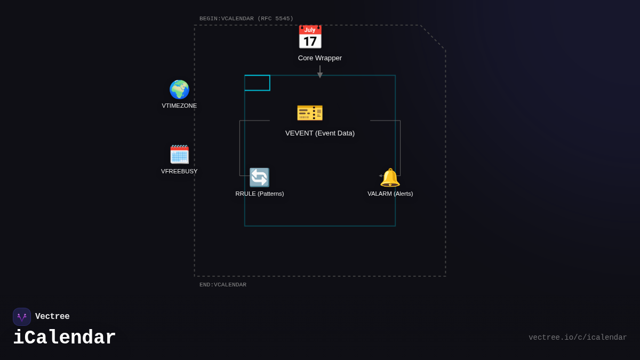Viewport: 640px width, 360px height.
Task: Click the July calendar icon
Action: point(310,37)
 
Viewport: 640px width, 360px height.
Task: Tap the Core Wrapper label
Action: point(320,58)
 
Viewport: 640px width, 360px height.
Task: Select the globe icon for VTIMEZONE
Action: point(179,90)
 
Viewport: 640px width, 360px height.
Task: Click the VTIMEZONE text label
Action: point(179,106)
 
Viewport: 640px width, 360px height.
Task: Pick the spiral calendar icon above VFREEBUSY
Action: point(179,154)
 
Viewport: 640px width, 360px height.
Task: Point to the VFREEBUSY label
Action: point(179,171)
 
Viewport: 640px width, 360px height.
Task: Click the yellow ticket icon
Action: point(310,113)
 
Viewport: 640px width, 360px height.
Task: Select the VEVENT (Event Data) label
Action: point(320,133)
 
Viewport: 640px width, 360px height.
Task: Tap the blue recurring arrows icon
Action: point(259,178)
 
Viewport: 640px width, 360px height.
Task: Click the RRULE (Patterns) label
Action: point(260,194)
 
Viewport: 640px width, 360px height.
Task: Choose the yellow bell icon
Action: point(390,178)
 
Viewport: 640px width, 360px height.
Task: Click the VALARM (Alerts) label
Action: point(390,194)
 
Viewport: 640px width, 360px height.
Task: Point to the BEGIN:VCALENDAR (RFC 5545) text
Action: point(246,19)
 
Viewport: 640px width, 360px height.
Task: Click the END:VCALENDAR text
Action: point(223,285)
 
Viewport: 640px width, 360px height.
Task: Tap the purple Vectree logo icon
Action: point(22,317)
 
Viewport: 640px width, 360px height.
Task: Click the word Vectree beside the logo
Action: point(52,317)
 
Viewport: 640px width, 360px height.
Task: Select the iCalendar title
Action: point(65,338)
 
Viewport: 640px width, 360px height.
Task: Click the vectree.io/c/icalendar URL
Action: point(578,338)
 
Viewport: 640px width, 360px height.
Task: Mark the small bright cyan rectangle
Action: point(257,83)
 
